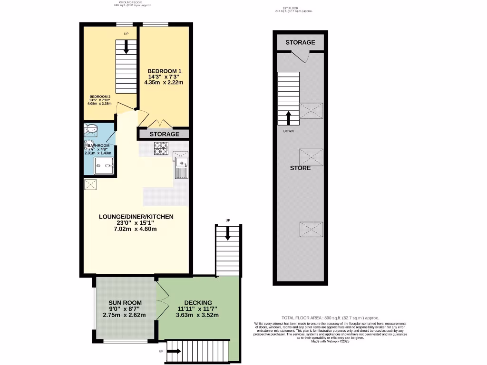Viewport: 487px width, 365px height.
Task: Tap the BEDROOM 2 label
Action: (x=100, y=96)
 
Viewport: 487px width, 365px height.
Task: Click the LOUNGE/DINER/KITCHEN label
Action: (x=136, y=217)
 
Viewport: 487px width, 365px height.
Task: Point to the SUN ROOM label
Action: (x=125, y=302)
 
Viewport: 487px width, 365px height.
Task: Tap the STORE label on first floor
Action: (x=300, y=168)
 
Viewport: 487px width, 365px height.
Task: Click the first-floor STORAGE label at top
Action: (x=300, y=42)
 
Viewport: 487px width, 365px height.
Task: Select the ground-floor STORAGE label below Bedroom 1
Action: (x=165, y=134)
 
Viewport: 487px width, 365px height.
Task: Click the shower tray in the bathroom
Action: (x=104, y=166)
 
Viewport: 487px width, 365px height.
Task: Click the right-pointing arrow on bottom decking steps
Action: (x=174, y=351)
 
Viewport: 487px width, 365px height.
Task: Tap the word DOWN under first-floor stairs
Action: (x=288, y=131)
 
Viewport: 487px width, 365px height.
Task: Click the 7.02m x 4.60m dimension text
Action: (x=136, y=229)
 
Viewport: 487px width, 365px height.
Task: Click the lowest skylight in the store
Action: (x=311, y=229)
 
